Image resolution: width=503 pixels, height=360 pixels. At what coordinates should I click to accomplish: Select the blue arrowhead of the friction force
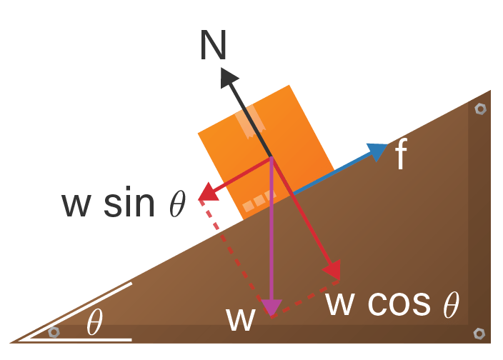376,151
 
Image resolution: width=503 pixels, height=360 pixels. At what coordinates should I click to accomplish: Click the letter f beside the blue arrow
401,155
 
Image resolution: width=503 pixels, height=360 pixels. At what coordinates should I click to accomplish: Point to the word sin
129,203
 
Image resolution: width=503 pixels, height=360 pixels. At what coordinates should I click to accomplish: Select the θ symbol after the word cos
450,305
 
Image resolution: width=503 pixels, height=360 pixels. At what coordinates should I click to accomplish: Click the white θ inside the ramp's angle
94,323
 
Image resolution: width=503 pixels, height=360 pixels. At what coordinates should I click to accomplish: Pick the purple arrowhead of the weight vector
271,307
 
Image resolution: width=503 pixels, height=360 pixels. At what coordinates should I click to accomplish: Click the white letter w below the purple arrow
241,319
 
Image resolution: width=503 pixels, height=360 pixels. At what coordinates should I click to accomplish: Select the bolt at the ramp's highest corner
480,109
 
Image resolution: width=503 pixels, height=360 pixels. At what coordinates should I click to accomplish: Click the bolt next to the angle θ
54,332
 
